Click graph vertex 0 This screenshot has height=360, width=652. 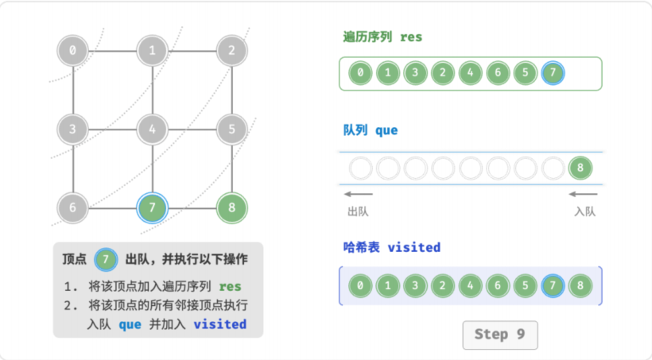pyautogui.click(x=73, y=51)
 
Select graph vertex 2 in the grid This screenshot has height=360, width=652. pyautogui.click(x=232, y=51)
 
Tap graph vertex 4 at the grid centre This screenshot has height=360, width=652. pyautogui.click(x=152, y=130)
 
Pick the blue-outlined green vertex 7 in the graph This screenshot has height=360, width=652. pyautogui.click(x=152, y=207)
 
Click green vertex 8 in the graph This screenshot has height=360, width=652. pyautogui.click(x=232, y=207)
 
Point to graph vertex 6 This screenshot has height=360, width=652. pyautogui.click(x=73, y=207)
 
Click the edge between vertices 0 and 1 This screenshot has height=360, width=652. pyautogui.click(x=112, y=51)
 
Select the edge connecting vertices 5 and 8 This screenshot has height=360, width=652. pyautogui.click(x=232, y=168)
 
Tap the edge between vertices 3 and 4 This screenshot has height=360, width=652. pyautogui.click(x=112, y=130)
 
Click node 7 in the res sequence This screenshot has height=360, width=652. pyautogui.click(x=553, y=73)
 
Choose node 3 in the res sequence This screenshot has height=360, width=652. pyautogui.click(x=415, y=73)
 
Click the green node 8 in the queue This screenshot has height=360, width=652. pyautogui.click(x=580, y=168)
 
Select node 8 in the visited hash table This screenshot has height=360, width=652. pyautogui.click(x=580, y=285)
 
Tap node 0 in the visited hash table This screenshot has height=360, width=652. pyautogui.click(x=360, y=285)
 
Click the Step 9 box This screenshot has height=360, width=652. pyautogui.click(x=500, y=335)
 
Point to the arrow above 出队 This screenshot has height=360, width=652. pyautogui.click(x=359, y=194)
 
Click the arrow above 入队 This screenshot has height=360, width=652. pyautogui.click(x=583, y=194)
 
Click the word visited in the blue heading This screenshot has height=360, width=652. pyautogui.click(x=413, y=247)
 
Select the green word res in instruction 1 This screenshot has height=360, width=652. pyautogui.click(x=230, y=286)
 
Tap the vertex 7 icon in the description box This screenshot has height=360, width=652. pyautogui.click(x=106, y=259)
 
